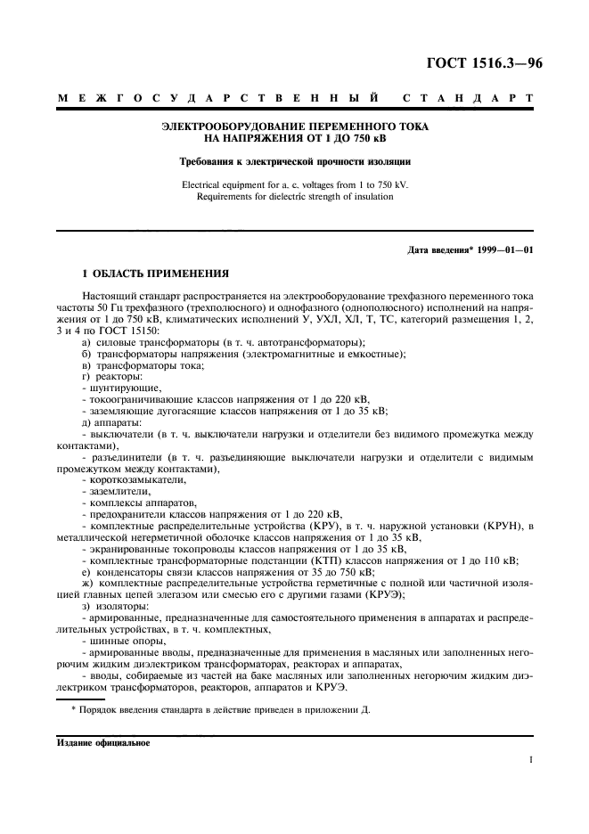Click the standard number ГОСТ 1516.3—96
point(479,63)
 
